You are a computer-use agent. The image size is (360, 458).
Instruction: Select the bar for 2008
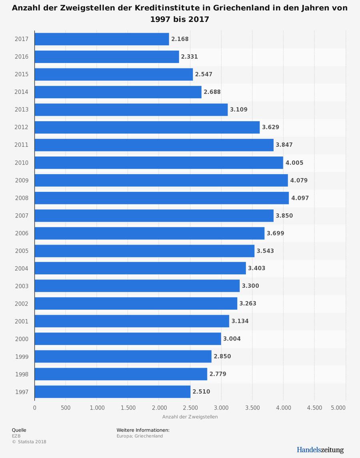162,198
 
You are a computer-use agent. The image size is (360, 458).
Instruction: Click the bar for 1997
112,392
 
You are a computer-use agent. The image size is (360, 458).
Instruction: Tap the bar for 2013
131,110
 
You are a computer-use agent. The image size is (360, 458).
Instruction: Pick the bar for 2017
102,39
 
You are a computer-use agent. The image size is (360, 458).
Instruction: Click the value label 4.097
300,198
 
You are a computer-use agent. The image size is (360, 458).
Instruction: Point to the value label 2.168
180,39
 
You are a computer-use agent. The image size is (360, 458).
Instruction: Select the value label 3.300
250,286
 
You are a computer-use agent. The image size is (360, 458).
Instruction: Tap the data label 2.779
218,374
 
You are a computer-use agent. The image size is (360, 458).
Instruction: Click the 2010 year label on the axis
22,163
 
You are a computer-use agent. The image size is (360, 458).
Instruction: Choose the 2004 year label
22,269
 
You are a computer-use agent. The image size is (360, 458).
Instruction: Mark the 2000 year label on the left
22,339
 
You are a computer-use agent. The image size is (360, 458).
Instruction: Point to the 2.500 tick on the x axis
190,408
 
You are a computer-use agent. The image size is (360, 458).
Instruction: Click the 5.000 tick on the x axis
338,408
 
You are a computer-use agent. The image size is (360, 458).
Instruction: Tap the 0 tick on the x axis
34,408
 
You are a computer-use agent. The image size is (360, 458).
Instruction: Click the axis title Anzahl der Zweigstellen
190,417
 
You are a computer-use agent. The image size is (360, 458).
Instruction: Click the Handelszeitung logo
320,450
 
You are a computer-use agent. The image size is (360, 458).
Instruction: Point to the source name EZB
16,436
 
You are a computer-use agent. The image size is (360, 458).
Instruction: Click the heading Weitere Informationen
143,430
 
